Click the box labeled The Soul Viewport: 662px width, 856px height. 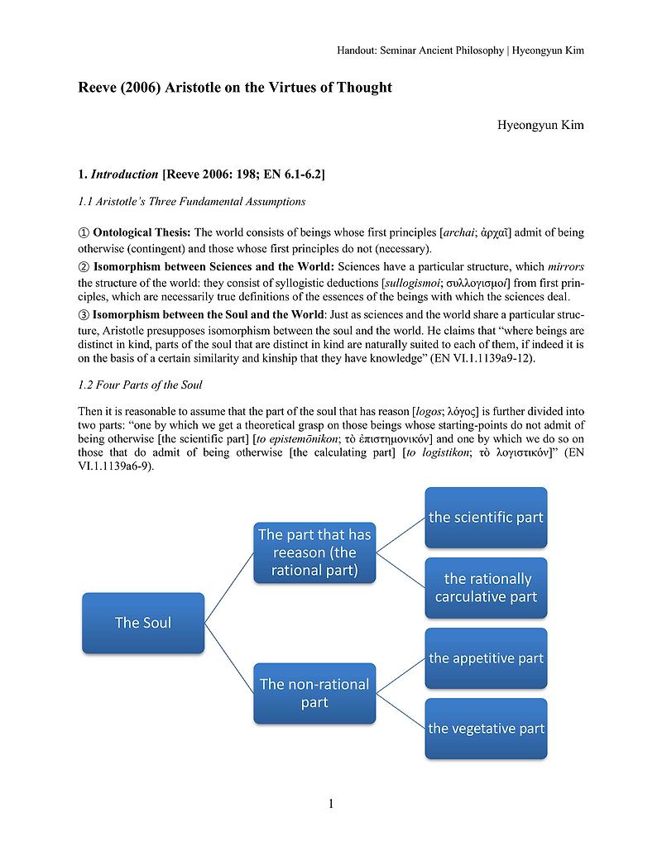point(143,623)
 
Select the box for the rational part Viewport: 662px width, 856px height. point(314,552)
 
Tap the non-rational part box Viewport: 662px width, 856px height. point(314,693)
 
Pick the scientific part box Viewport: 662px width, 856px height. point(486,518)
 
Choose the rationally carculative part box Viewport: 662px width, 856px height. point(486,588)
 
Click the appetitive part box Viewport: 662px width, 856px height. point(486,658)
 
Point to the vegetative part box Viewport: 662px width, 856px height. point(486,729)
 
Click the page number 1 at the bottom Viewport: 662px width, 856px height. point(331,804)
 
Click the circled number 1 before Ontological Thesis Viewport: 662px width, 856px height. point(83,233)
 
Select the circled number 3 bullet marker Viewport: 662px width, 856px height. point(83,314)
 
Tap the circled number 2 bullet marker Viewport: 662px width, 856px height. point(83,267)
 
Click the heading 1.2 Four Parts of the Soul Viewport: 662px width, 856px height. point(140,385)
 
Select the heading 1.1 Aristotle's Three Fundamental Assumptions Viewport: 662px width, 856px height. point(191,202)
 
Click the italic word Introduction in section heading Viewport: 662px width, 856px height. point(124,175)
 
